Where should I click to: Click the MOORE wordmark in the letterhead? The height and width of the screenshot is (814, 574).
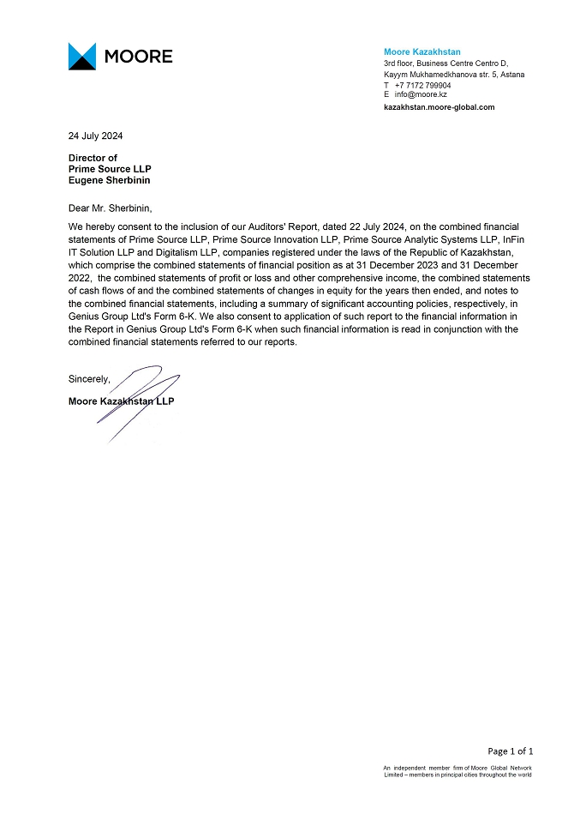(138, 57)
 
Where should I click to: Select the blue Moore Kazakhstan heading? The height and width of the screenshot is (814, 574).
(422, 52)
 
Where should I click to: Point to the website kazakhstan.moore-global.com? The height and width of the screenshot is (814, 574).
(439, 107)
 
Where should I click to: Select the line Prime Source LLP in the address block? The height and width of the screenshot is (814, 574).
(110, 169)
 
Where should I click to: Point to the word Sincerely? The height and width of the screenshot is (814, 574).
(89, 378)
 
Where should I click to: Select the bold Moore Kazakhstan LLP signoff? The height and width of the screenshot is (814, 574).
(121, 401)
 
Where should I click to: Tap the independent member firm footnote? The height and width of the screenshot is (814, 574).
(457, 771)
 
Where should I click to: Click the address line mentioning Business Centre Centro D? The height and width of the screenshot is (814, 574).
(445, 63)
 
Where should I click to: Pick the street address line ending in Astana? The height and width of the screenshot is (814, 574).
(454, 75)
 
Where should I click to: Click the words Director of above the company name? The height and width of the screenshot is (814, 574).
(93, 158)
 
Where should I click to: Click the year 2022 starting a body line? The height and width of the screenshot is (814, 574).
(81, 279)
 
